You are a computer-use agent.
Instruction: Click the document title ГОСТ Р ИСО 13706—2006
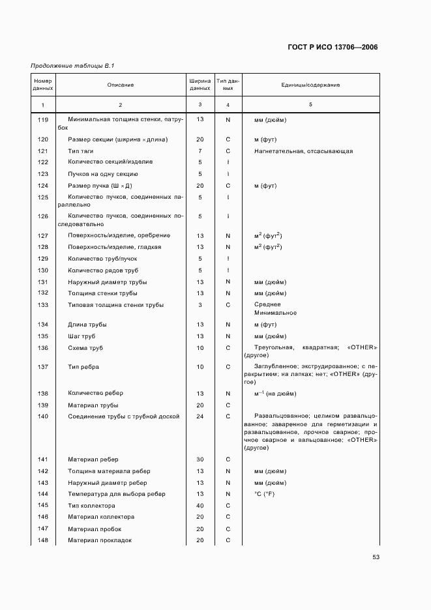pyautogui.click(x=333, y=47)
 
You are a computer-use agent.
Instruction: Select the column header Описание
pyautogui.click(x=121, y=85)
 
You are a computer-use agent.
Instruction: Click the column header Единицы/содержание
pyautogui.click(x=310, y=85)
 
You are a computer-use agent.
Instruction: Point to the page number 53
pyautogui.click(x=376, y=557)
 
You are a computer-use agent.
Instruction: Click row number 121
pyautogui.click(x=43, y=151)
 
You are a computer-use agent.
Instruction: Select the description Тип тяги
pyautogui.click(x=82, y=151)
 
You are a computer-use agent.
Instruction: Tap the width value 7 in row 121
pyautogui.click(x=200, y=151)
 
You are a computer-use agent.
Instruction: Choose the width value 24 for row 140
pyautogui.click(x=200, y=416)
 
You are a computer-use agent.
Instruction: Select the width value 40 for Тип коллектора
pyautogui.click(x=200, y=506)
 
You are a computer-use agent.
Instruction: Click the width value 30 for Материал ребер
pyautogui.click(x=200, y=459)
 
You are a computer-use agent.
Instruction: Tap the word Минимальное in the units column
pyautogui.click(x=275, y=313)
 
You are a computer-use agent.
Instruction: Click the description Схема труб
pyautogui.click(x=85, y=348)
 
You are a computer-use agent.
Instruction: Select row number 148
pyautogui.click(x=43, y=541)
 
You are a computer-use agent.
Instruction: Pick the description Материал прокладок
pyautogui.click(x=100, y=541)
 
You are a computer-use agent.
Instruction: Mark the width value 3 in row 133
pyautogui.click(x=200, y=305)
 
